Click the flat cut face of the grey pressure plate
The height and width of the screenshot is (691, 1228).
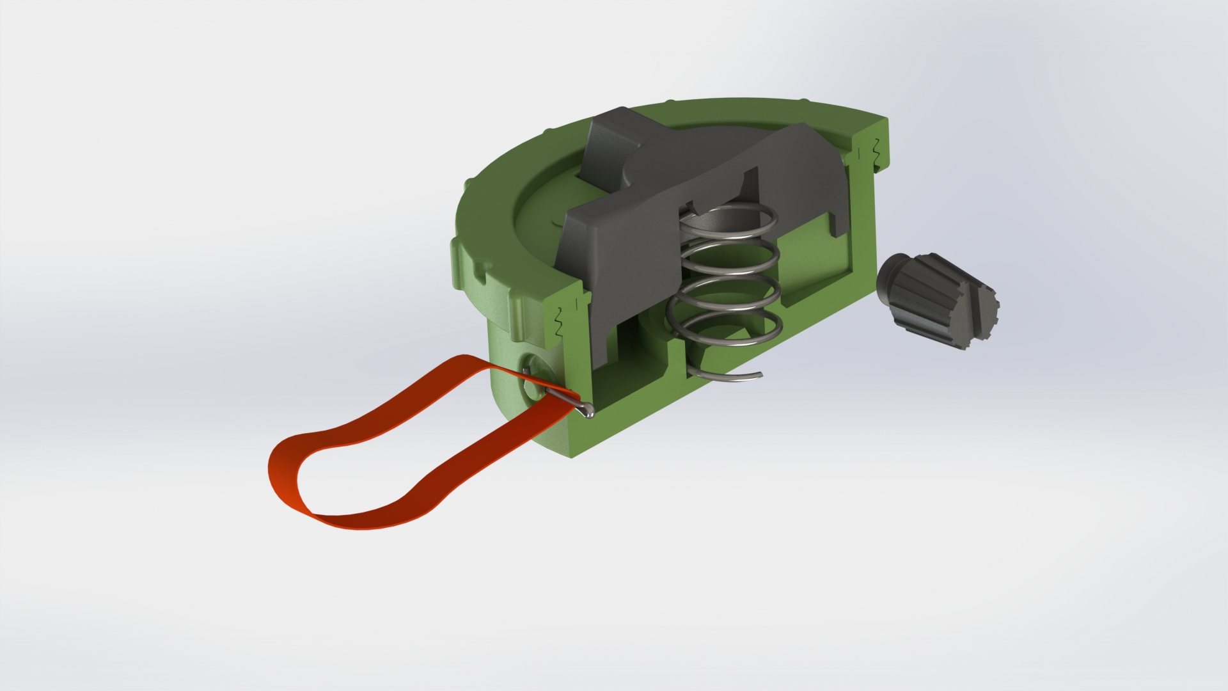click(x=614, y=269)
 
